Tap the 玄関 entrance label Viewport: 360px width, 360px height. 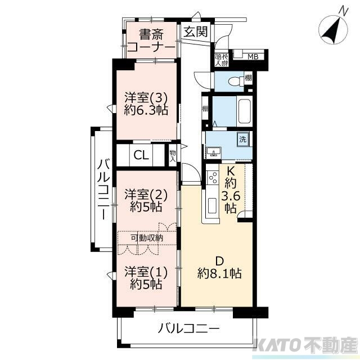195,31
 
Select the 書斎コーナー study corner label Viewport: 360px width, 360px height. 150,40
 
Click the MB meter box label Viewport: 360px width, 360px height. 253,56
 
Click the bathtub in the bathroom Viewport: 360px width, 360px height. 244,111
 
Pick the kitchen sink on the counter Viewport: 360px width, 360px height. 213,205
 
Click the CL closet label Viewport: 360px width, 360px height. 141,155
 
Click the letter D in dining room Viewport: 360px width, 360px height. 220,260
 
